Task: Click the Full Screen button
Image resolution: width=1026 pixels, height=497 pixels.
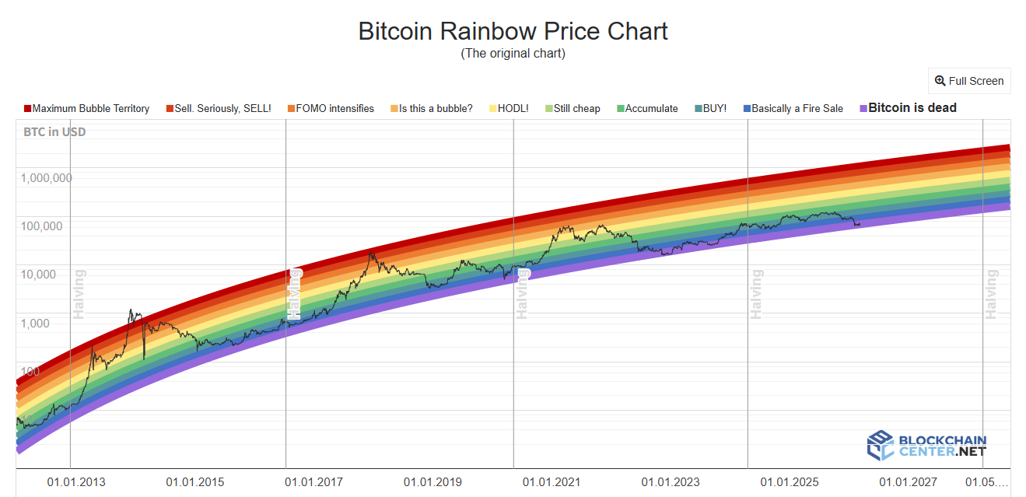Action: pos(969,81)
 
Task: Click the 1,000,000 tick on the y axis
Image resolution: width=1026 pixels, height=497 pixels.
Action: pos(47,177)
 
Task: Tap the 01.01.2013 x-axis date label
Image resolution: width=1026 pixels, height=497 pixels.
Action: pos(76,482)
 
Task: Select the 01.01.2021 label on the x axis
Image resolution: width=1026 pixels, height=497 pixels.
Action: pos(552,482)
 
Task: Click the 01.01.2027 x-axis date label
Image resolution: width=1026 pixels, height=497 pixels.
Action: pos(908,482)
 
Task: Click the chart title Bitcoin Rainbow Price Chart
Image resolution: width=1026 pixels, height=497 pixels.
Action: pos(513,31)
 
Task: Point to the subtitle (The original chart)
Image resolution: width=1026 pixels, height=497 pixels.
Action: pos(513,54)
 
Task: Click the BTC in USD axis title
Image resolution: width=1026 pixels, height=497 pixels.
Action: pos(54,132)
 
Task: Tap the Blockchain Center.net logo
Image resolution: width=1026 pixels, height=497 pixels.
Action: pos(926,446)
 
